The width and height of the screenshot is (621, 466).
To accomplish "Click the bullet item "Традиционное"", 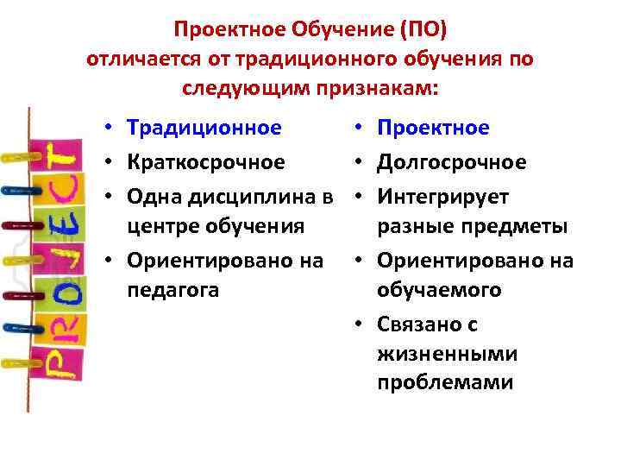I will click(204, 129).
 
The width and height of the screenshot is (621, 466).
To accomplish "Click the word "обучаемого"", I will click(439, 290).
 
